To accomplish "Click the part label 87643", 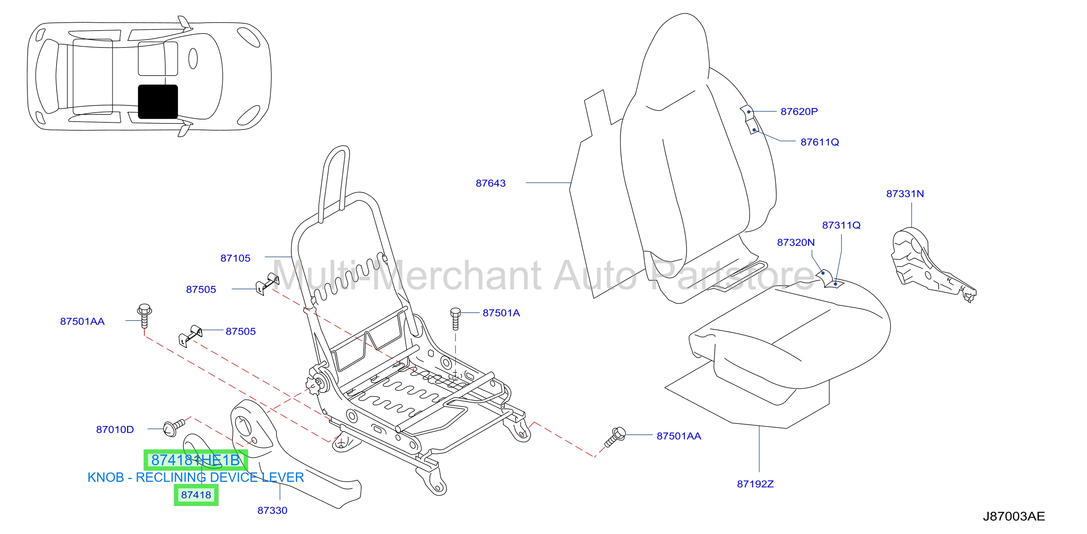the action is pyautogui.click(x=490, y=184).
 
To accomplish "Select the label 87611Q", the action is pyautogui.click(x=819, y=142).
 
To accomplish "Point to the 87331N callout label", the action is pyautogui.click(x=905, y=194).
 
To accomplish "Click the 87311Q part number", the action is pyautogui.click(x=841, y=226).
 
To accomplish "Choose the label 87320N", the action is pyautogui.click(x=796, y=243).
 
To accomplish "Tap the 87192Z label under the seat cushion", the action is pyautogui.click(x=755, y=484).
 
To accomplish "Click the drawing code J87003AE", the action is pyautogui.click(x=1014, y=516).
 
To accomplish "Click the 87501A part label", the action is pyautogui.click(x=501, y=313).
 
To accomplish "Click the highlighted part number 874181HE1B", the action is pyautogui.click(x=196, y=460).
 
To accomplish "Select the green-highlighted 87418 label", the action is pyautogui.click(x=196, y=495).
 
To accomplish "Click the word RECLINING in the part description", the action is pyautogui.click(x=170, y=478).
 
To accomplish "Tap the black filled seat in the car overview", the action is pyautogui.click(x=158, y=101).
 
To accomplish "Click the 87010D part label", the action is pyautogui.click(x=115, y=430).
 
